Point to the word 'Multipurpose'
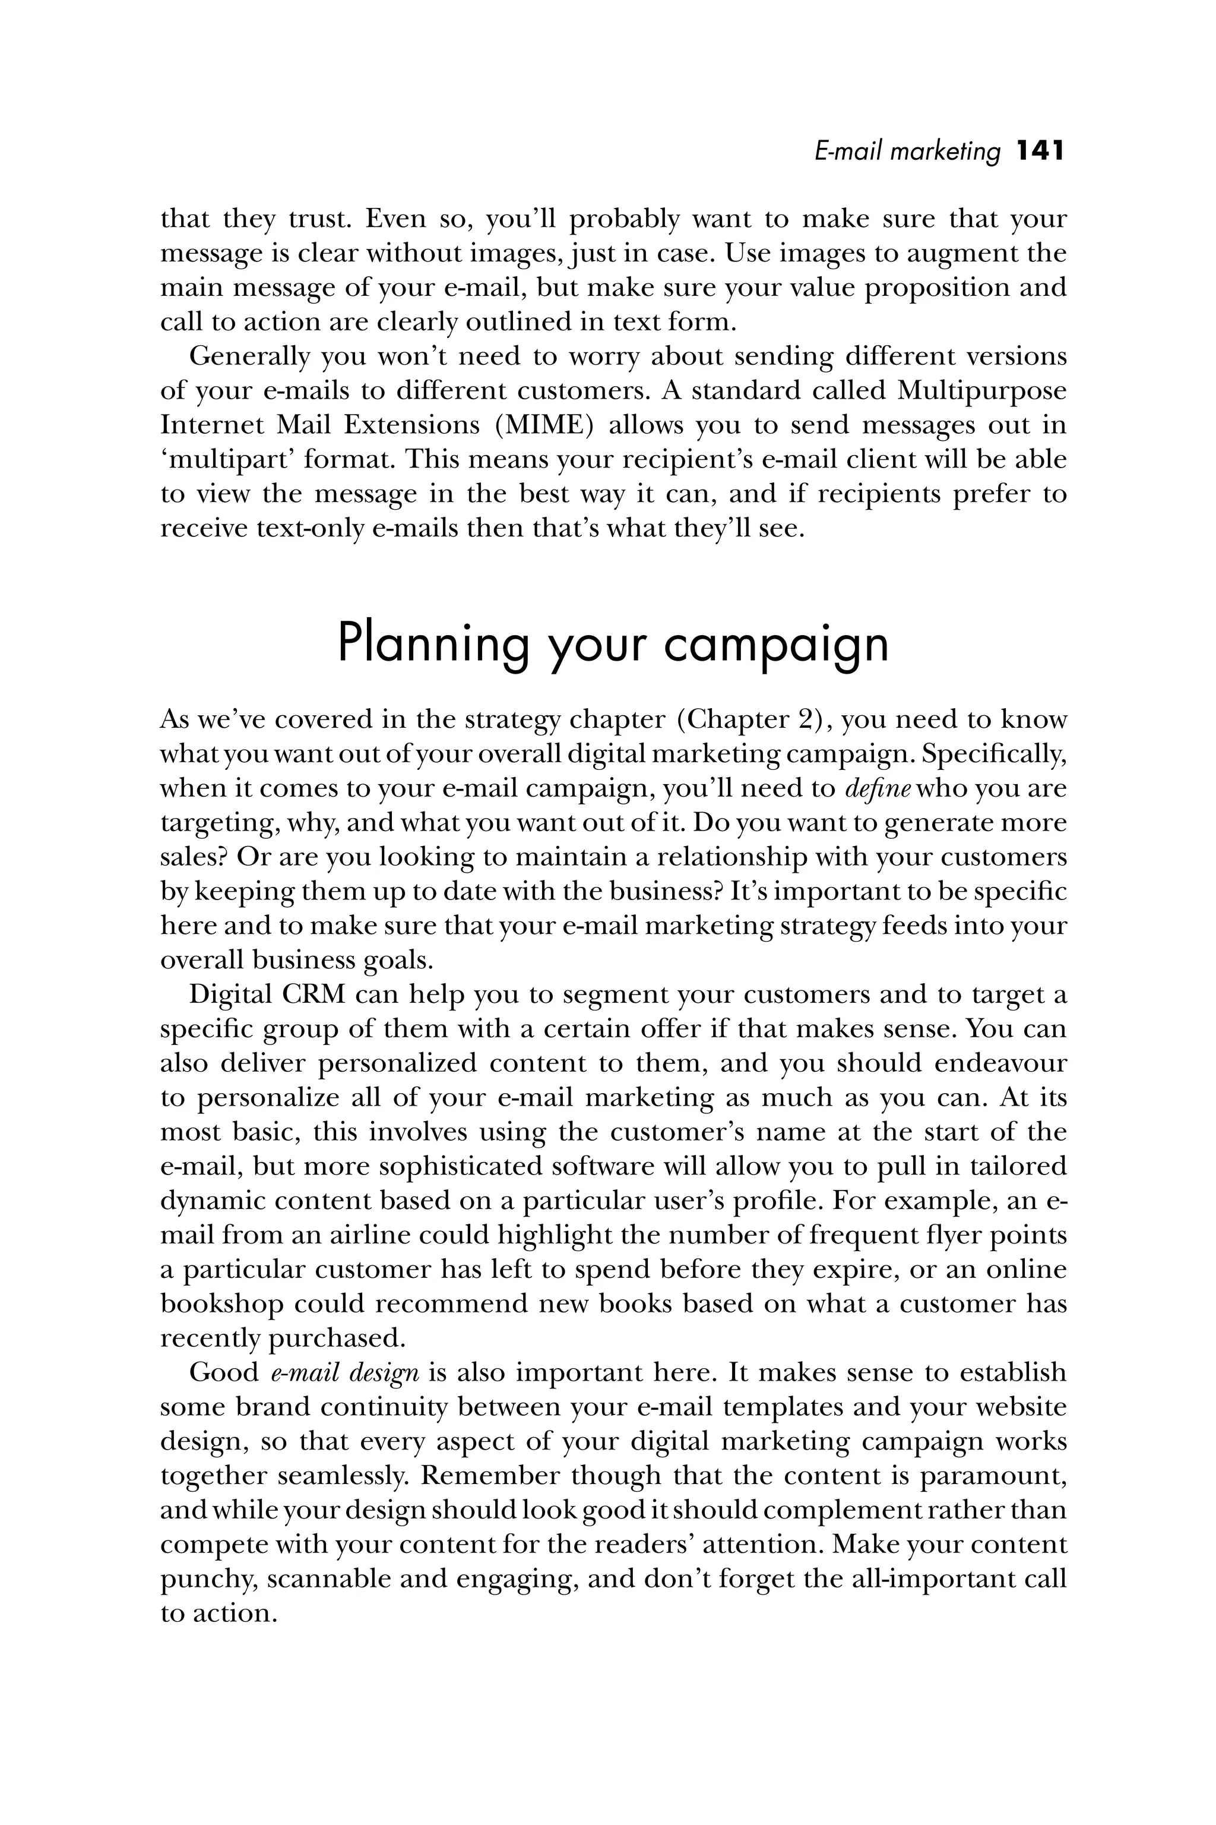(982, 390)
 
